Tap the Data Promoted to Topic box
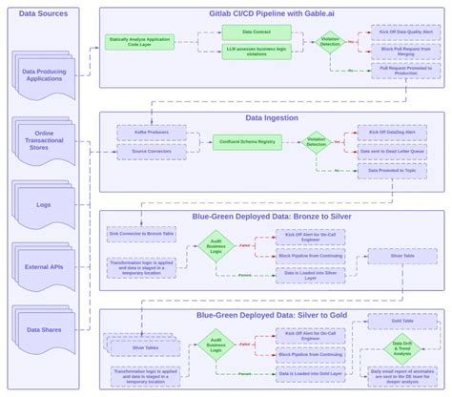pyautogui.click(x=392, y=171)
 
